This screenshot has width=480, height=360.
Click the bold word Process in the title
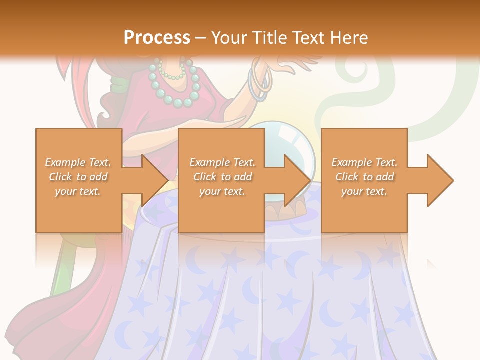157,38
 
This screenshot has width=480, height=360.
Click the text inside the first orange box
78,177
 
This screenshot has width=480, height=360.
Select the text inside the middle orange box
222,177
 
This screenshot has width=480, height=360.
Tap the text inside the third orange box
364,177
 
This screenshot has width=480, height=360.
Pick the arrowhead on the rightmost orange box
438,180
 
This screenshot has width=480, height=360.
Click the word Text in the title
308,38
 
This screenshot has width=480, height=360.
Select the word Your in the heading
229,38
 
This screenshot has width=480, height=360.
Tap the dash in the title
201,38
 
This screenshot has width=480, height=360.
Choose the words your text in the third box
364,191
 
